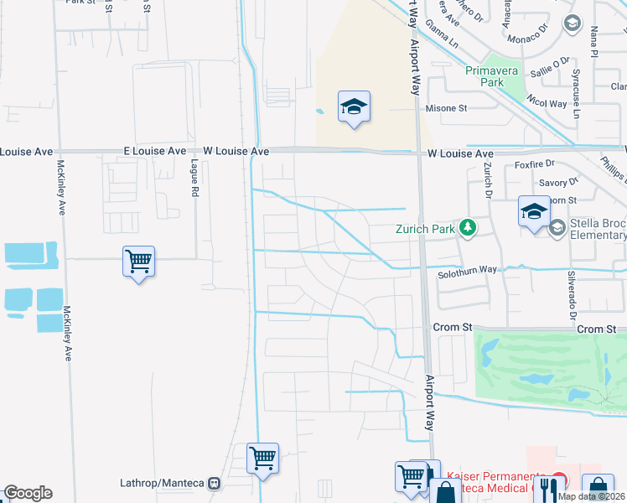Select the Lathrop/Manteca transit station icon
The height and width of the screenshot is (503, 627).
click(215, 484)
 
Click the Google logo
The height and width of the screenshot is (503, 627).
click(28, 493)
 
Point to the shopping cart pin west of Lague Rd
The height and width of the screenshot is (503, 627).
click(138, 262)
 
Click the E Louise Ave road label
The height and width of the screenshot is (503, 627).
click(154, 151)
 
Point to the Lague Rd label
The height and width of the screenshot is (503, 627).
click(194, 178)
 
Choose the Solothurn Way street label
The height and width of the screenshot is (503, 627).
click(468, 271)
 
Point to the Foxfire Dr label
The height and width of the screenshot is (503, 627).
click(536, 164)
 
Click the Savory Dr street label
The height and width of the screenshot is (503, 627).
click(559, 182)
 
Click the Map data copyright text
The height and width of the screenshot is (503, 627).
click(590, 496)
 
